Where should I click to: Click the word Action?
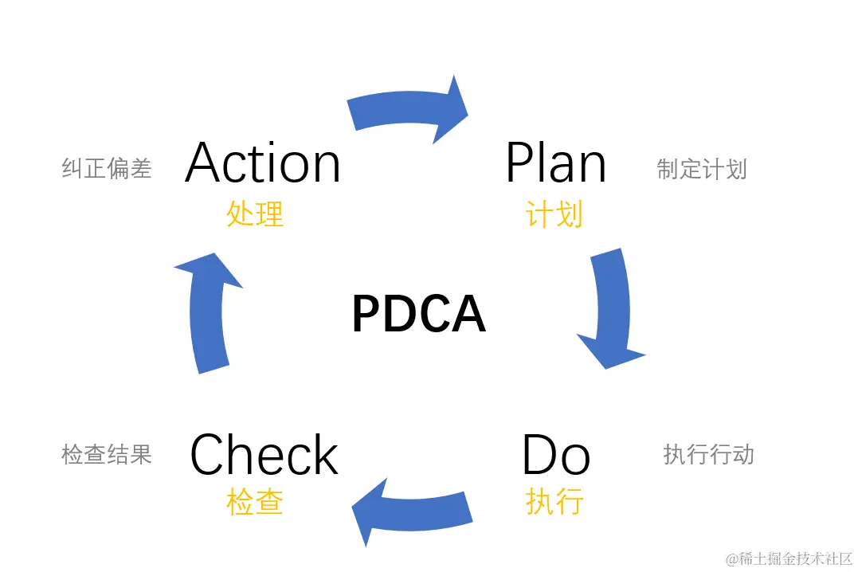pyautogui.click(x=263, y=163)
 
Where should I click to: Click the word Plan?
pyautogui.click(x=555, y=163)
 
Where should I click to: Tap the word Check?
pyautogui.click(x=264, y=456)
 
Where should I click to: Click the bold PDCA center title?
pyautogui.click(x=418, y=314)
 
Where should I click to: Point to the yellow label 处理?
pyautogui.click(x=255, y=214)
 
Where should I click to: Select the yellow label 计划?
pyautogui.click(x=554, y=214)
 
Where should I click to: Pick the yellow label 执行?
pyautogui.click(x=554, y=502)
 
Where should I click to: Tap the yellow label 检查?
pyautogui.click(x=255, y=502)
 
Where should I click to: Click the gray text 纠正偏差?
pyautogui.click(x=107, y=168)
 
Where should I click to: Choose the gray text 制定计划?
pyautogui.click(x=702, y=169)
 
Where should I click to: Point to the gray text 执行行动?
pyautogui.click(x=708, y=455)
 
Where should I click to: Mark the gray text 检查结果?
pyautogui.click(x=107, y=454)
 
